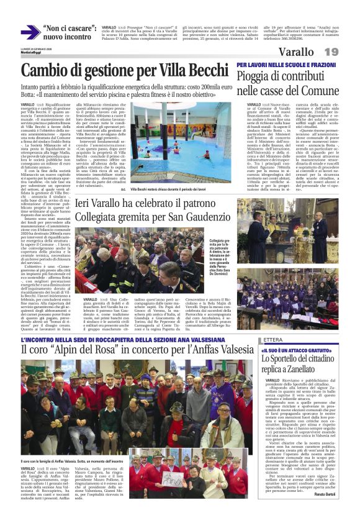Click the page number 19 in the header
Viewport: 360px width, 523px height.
348,51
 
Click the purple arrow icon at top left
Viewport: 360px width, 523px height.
30,32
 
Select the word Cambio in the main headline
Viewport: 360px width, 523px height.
47,70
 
